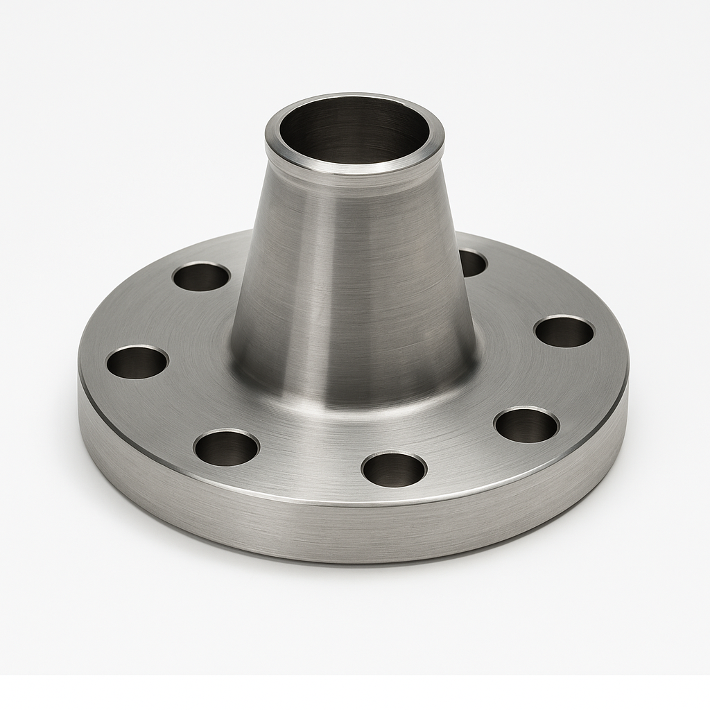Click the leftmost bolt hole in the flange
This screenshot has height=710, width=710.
click(x=137, y=362)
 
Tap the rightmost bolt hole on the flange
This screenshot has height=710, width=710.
click(x=564, y=331)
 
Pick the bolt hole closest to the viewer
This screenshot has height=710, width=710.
click(x=394, y=469)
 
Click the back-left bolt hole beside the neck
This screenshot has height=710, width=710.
click(x=201, y=277)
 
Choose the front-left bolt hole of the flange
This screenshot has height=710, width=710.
click(x=227, y=447)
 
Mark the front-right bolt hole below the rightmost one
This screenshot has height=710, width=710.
click(x=527, y=425)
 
